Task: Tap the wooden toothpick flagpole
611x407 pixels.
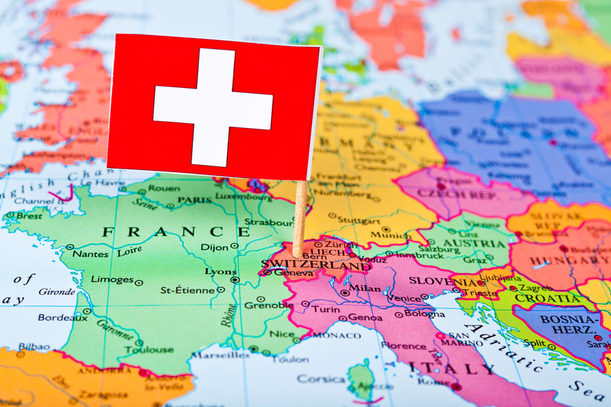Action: (300, 216)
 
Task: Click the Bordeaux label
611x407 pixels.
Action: (58, 317)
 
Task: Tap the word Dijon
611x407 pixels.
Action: (213, 247)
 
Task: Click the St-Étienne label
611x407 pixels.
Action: (187, 290)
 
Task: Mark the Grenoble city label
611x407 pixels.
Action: (269, 305)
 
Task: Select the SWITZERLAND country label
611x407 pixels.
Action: (317, 266)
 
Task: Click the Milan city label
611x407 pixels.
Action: (365, 288)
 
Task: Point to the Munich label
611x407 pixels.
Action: (392, 235)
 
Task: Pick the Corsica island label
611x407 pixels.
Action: (321, 378)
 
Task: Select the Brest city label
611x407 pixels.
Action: (28, 215)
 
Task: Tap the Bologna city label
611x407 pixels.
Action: (424, 314)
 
